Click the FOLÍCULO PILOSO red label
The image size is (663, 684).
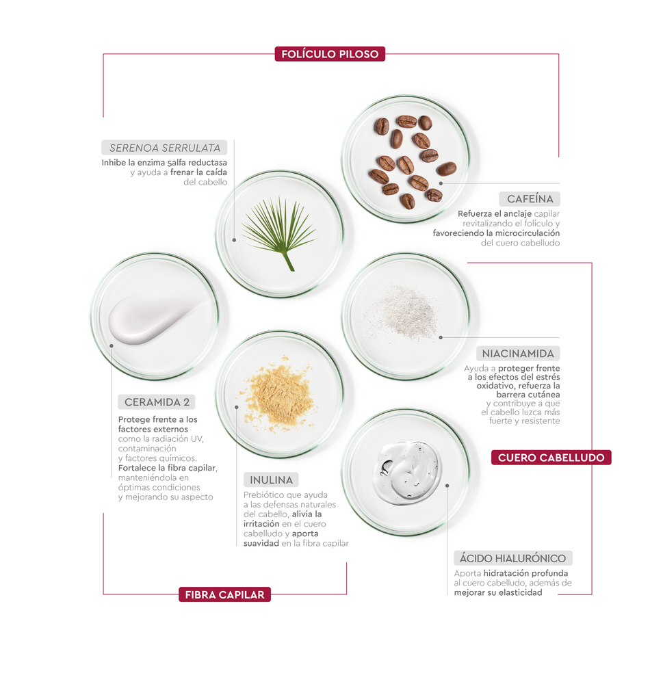[330, 54]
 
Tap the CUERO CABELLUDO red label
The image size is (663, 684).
[551, 458]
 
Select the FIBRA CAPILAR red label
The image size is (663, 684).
[225, 594]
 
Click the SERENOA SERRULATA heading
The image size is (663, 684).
[165, 148]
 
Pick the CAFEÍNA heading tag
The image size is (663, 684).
[530, 199]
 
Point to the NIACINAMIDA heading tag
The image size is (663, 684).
[517, 354]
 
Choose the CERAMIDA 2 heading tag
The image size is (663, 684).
[157, 402]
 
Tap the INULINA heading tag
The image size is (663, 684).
[271, 480]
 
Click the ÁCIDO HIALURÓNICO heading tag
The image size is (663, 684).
[512, 558]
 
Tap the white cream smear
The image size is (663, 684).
[154, 318]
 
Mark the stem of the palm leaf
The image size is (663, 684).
[289, 261]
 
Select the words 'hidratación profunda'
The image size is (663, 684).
[525, 573]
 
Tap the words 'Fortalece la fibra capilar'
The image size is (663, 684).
[167, 468]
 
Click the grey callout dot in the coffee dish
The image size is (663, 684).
[441, 183]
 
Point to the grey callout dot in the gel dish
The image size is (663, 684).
[447, 486]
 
